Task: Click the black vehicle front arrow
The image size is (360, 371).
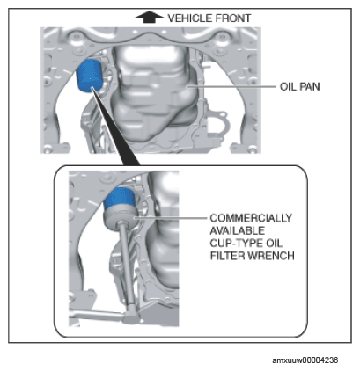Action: (149, 17)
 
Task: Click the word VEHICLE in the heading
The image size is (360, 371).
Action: (190, 18)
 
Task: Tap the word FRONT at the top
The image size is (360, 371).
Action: (233, 18)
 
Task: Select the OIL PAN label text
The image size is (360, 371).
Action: (299, 86)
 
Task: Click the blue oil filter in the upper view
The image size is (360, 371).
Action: (89, 76)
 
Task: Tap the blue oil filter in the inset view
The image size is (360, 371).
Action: (119, 198)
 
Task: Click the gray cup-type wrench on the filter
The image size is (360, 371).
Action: (120, 218)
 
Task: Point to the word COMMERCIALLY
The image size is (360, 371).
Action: (251, 218)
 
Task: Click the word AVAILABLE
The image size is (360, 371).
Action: (238, 230)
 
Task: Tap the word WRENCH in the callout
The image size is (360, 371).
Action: (271, 256)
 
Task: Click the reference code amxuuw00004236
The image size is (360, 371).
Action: (305, 360)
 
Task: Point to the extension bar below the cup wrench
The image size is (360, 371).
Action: (127, 266)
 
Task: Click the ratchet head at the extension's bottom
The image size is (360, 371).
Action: (131, 316)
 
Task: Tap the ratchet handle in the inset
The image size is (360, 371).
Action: (96, 315)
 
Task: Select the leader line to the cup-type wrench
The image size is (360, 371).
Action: (170, 218)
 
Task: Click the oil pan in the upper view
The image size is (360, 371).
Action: (154, 95)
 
